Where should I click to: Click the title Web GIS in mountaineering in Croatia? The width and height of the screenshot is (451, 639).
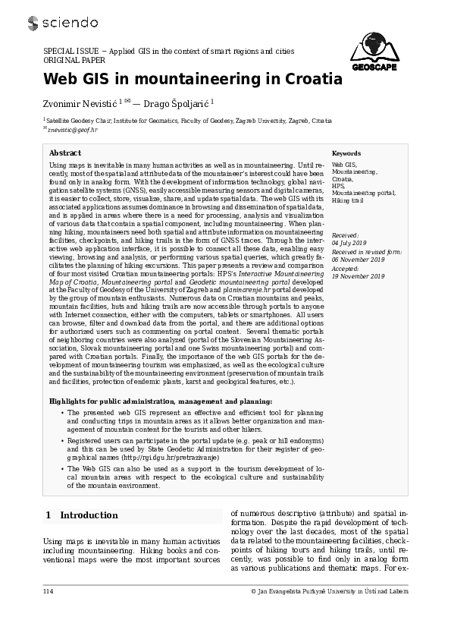193,80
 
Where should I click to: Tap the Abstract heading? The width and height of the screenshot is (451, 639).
65,153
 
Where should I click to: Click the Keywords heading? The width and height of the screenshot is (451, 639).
346,153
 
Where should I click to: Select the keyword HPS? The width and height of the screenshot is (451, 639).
338,186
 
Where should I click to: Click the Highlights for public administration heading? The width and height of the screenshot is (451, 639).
161,401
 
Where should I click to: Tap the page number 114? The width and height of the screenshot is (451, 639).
49,590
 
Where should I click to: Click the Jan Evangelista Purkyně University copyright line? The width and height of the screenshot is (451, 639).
330,590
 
